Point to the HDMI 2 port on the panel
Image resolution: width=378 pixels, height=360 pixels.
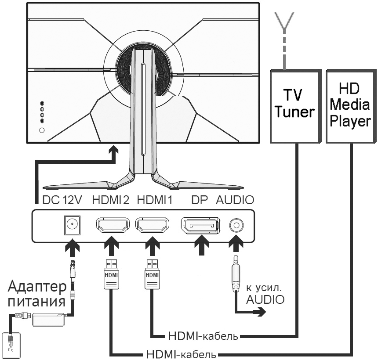112,226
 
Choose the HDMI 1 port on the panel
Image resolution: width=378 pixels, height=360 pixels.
152,226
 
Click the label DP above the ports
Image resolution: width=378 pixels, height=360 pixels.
199,200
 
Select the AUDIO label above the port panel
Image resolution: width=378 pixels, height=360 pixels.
235,200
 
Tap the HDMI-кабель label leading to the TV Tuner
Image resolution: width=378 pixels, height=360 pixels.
203,337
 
